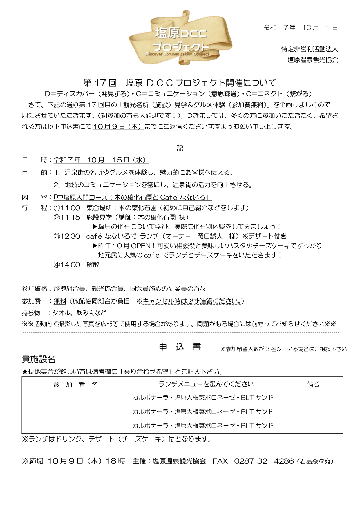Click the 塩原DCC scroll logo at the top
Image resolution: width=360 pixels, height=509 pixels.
tap(180, 38)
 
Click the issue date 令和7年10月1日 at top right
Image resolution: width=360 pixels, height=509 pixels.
tap(301, 28)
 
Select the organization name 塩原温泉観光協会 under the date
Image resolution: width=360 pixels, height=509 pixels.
tap(313, 60)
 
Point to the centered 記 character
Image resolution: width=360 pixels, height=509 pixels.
tap(180, 148)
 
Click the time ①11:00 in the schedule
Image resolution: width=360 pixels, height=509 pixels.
tap(67, 208)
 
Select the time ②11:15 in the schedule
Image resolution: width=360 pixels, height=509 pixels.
tap(67, 217)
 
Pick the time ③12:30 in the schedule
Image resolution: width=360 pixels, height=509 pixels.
tap(67, 236)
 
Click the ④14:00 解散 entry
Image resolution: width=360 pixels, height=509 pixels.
tap(76, 265)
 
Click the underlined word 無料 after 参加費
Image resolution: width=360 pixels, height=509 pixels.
tap(60, 301)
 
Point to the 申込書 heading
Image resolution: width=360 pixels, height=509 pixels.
tap(180, 347)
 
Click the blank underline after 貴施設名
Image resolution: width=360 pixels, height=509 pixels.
tap(115, 360)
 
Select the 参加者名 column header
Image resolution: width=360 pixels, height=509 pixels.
tap(75, 385)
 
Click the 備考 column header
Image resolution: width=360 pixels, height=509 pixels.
tap(313, 384)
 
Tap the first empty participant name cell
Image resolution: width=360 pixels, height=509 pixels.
tap(75, 397)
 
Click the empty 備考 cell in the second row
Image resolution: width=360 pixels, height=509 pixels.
tap(313, 411)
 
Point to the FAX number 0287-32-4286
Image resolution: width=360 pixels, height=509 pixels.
tap(264, 461)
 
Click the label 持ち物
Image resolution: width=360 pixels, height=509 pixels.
tap(31, 313)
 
